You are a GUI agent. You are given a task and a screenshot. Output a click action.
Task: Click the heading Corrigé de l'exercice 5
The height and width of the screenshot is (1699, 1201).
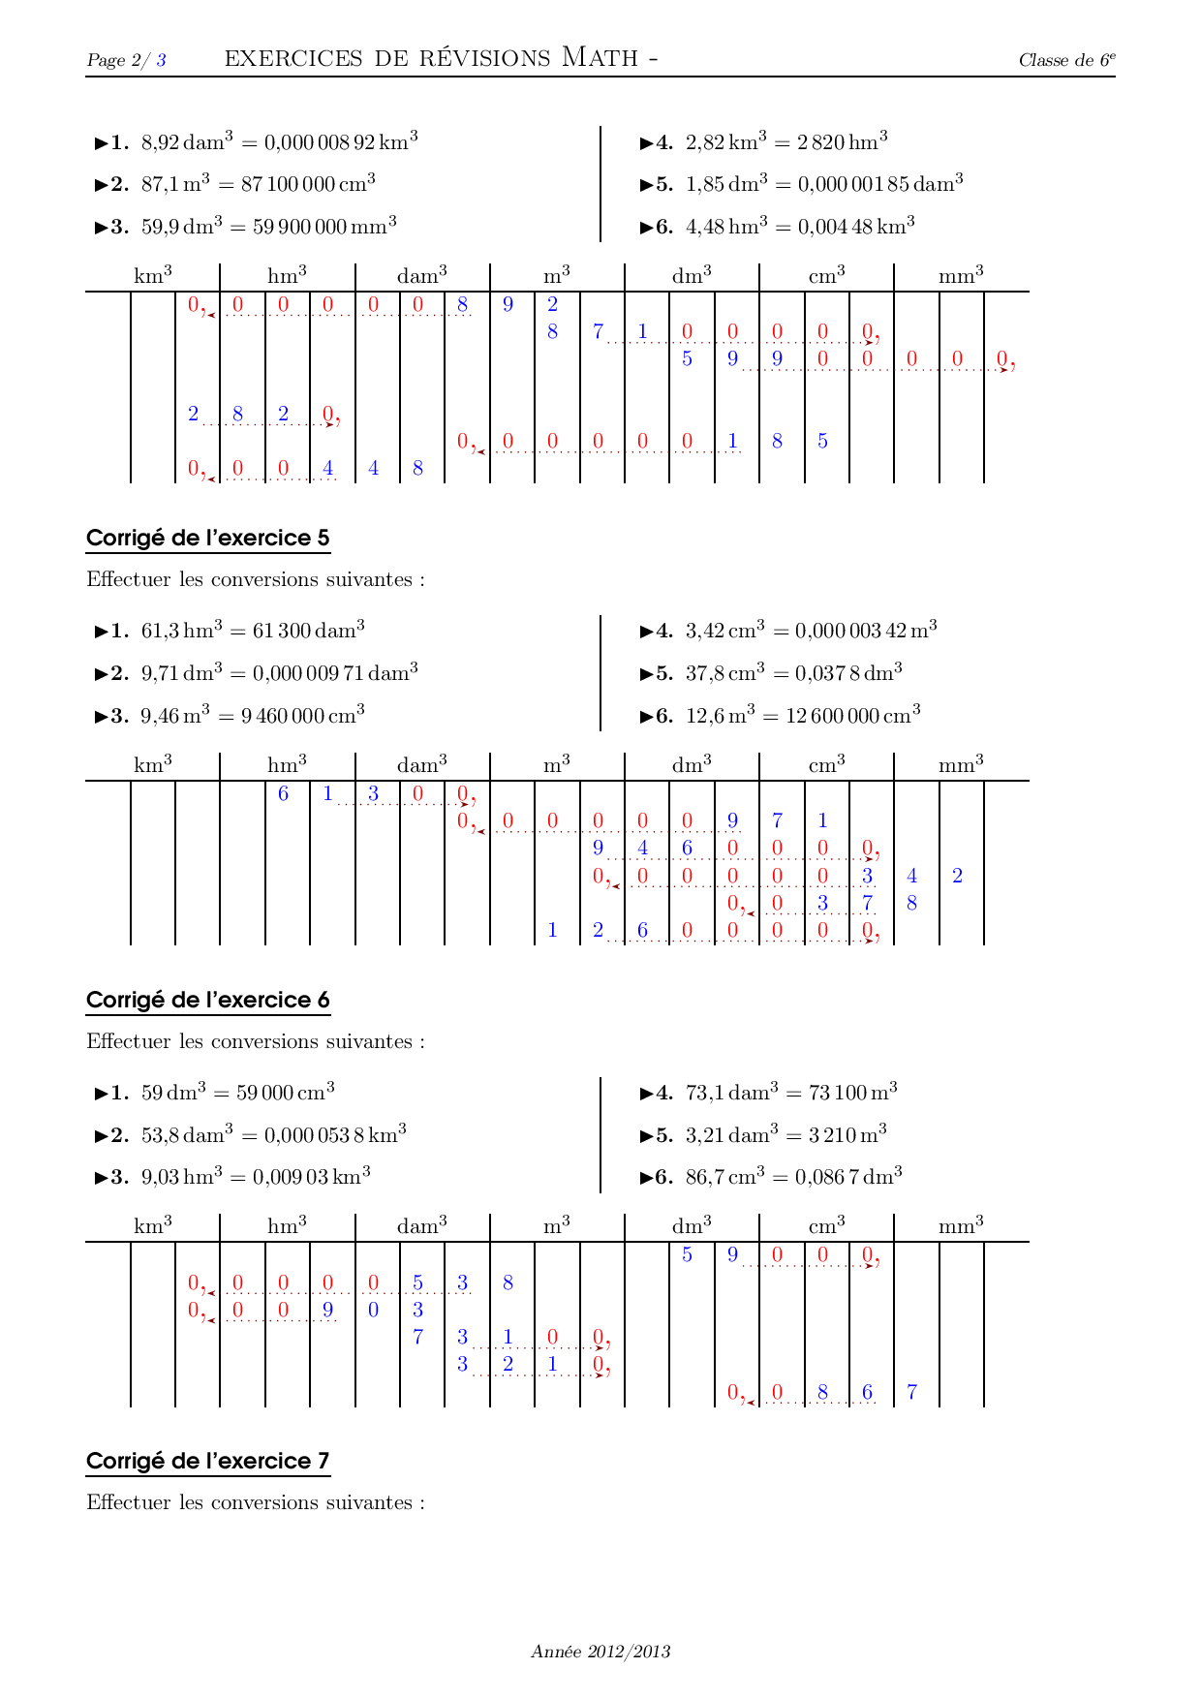click(x=207, y=538)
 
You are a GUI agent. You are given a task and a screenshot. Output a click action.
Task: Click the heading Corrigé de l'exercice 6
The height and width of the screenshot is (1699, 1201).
click(x=207, y=1000)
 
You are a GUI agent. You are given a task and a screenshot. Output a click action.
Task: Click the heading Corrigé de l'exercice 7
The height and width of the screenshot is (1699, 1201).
click(x=207, y=1461)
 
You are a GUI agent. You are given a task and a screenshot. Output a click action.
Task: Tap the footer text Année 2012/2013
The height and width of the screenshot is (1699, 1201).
click(x=600, y=1652)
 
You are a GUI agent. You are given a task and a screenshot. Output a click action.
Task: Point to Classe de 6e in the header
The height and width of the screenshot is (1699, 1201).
click(x=1066, y=60)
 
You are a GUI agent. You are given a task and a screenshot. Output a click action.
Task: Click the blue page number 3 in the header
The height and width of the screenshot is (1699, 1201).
click(x=161, y=60)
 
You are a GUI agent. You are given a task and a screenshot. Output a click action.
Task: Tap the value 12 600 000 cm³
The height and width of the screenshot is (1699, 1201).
click(x=852, y=716)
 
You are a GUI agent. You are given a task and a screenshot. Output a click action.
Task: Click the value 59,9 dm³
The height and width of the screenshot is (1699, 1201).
click(x=182, y=227)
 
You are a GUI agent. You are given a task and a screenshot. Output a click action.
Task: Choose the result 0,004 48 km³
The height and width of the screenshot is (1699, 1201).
click(x=856, y=227)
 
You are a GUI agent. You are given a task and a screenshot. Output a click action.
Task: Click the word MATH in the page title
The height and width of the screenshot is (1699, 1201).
click(x=600, y=58)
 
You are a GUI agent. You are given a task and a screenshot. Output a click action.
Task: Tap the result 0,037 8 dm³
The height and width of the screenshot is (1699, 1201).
click(x=848, y=673)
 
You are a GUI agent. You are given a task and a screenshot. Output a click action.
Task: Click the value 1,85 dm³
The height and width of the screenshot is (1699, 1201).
click(x=726, y=184)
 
